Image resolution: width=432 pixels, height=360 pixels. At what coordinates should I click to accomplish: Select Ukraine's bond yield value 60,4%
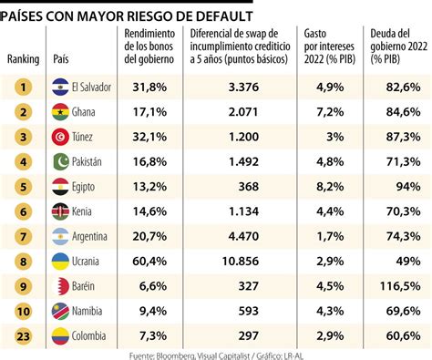pyautogui.click(x=149, y=261)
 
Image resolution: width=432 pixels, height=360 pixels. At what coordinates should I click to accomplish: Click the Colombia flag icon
pyautogui.click(x=60, y=334)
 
